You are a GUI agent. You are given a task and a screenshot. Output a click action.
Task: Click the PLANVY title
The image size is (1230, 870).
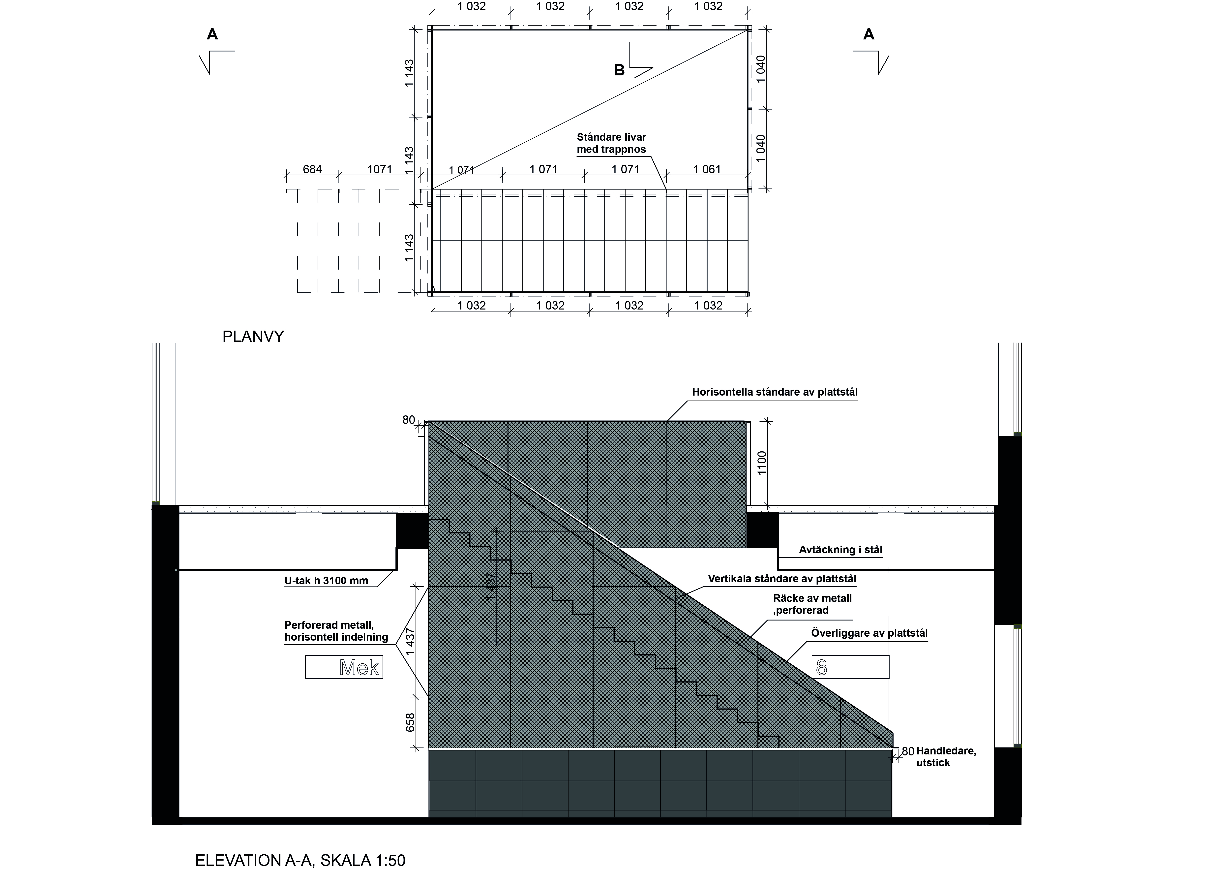coord(253,337)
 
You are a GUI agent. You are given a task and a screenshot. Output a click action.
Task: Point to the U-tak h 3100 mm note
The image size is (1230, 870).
coord(326,581)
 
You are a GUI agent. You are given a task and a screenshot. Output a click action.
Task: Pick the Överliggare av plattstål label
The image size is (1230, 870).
coord(869,633)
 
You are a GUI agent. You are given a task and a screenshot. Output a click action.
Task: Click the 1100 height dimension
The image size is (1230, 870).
coord(762,462)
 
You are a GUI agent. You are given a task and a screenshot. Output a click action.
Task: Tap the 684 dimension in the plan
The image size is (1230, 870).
coord(312,169)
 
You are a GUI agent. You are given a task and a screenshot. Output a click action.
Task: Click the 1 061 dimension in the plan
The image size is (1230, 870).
coord(707,169)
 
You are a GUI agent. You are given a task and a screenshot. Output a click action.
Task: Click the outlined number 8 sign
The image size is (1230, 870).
coord(851,667)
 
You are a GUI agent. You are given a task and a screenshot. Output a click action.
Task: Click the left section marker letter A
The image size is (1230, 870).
coord(212,35)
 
